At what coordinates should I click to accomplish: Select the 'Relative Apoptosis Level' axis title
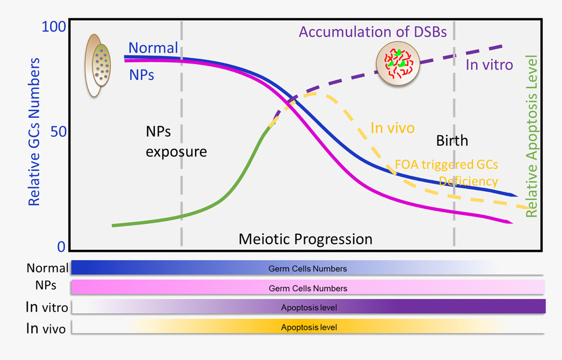coord(532,137)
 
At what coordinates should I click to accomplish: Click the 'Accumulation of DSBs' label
coord(372,31)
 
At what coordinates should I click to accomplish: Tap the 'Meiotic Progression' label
coord(305,239)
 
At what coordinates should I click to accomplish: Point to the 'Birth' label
coord(452,140)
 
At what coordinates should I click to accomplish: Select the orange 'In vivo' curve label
coord(392,128)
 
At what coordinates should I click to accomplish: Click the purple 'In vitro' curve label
coord(489,65)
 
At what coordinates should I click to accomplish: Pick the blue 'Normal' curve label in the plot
coord(153,48)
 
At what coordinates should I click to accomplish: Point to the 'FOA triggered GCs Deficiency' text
coord(446,173)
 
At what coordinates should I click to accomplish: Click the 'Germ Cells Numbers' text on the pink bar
coord(307,288)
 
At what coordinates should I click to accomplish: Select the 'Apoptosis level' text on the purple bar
coord(309,307)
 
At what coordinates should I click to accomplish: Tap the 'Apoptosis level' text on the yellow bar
coord(309,327)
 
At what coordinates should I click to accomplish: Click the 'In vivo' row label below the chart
coord(46,329)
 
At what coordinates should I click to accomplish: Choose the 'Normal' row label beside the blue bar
coord(47,268)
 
